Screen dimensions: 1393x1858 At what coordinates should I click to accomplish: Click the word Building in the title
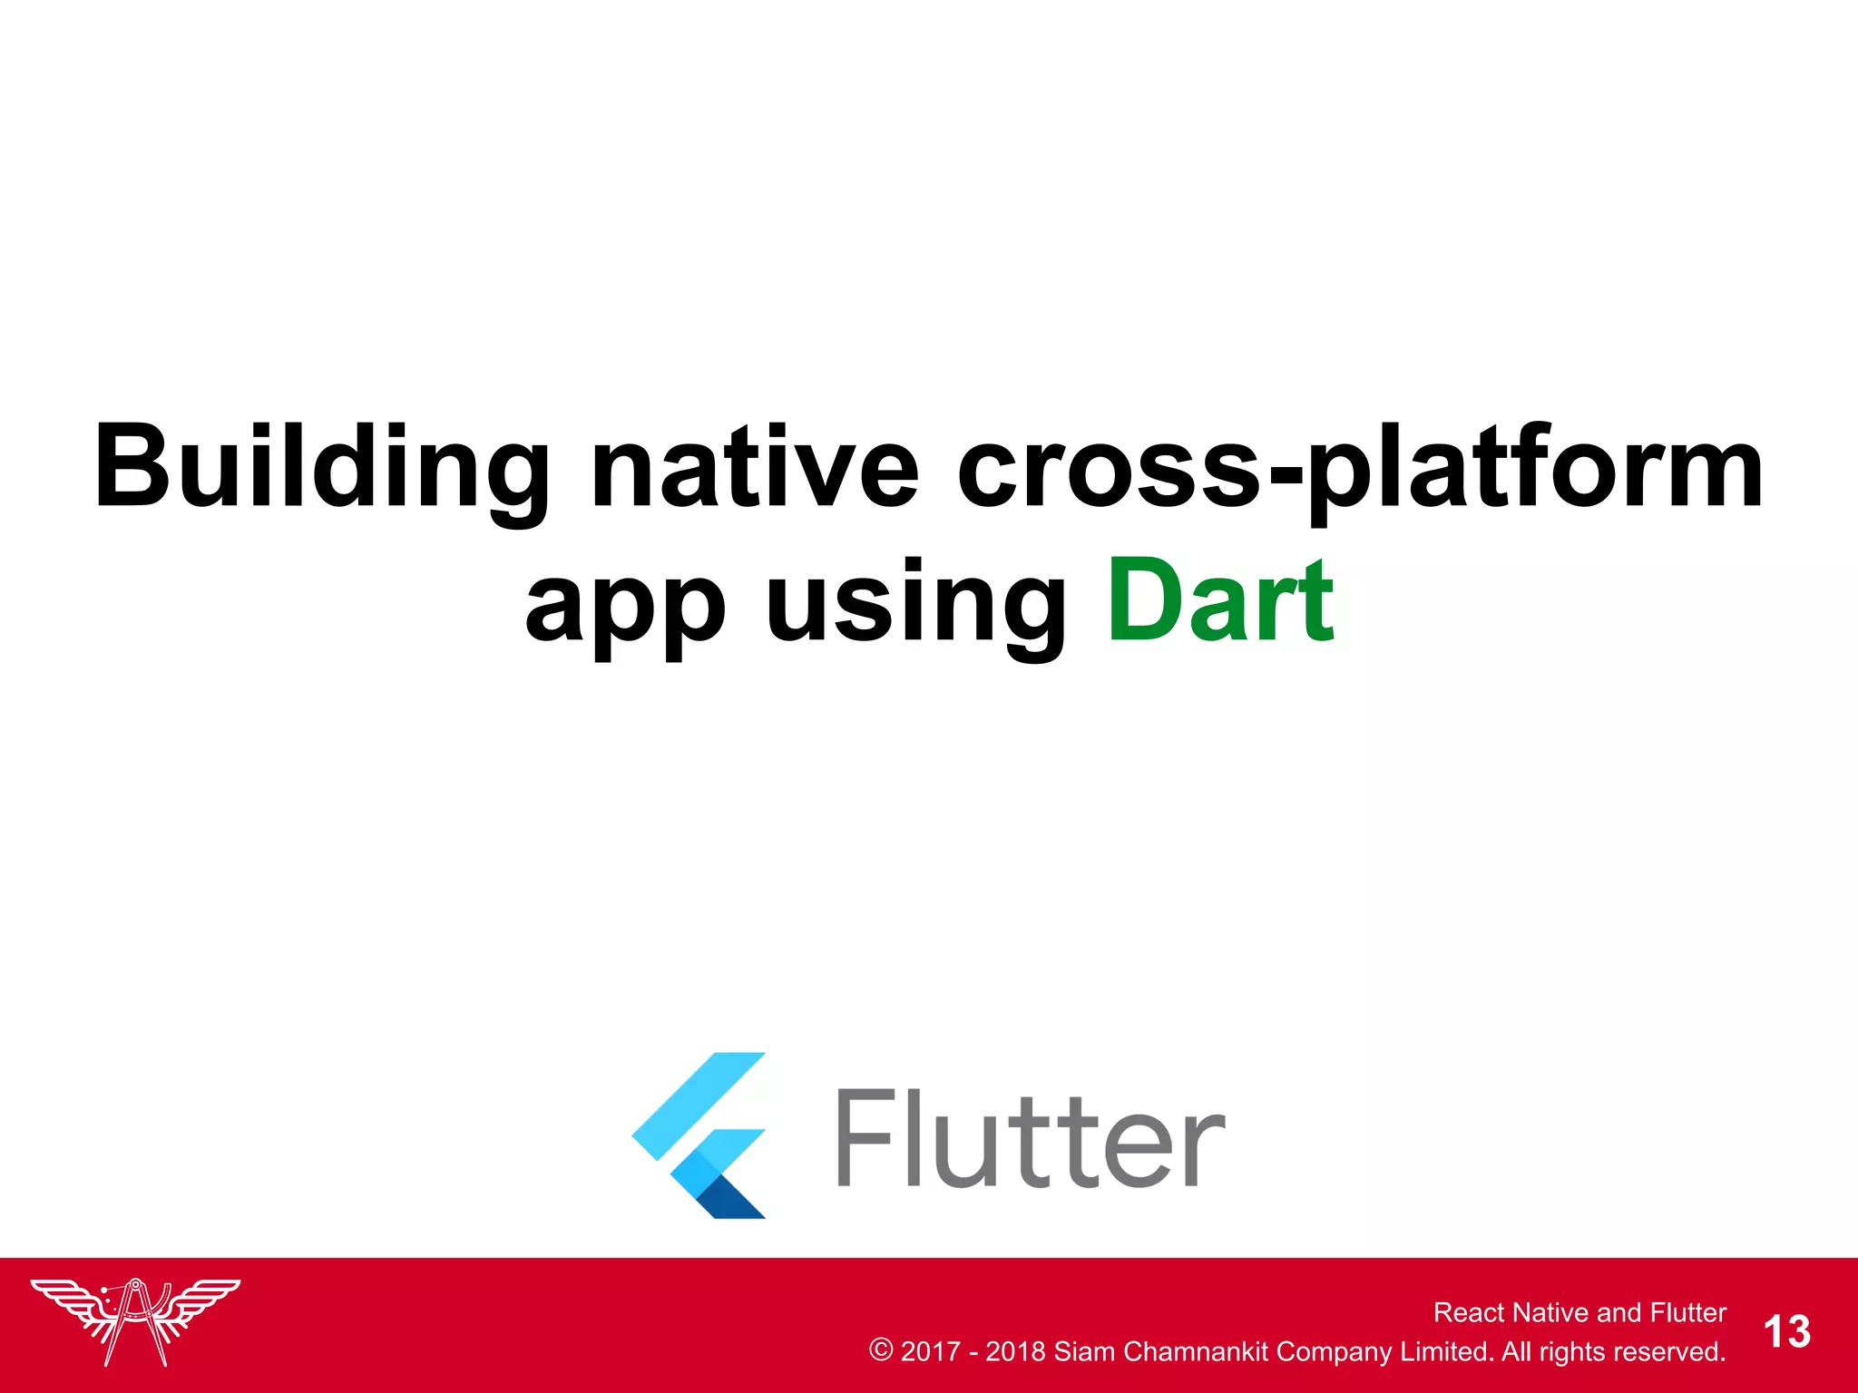(x=322, y=467)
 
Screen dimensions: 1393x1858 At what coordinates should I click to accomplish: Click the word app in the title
(x=626, y=603)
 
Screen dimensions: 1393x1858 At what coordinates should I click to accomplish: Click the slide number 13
(x=1786, y=1332)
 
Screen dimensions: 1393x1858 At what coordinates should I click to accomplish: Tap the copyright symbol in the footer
(x=880, y=1350)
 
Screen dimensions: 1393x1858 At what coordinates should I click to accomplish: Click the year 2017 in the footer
(x=930, y=1351)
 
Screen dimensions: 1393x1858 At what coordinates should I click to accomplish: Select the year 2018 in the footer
(x=1015, y=1351)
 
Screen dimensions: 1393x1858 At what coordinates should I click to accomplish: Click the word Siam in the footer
(x=1084, y=1351)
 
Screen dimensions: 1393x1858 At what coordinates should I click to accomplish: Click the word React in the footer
(x=1469, y=1312)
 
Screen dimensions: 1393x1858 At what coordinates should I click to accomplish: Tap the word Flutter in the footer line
(x=1687, y=1312)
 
